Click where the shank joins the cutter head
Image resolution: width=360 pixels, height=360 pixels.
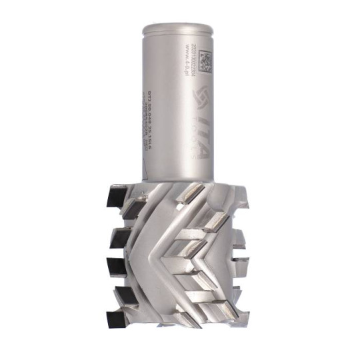point(180,179)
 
